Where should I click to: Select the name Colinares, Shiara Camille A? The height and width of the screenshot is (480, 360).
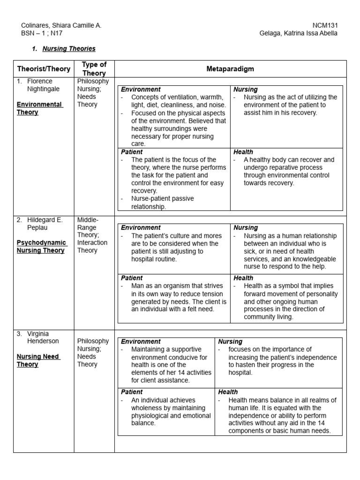pos(61,25)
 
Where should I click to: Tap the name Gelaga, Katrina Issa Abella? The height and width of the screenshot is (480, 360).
pos(299,33)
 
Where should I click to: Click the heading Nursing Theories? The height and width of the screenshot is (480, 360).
pos(69,49)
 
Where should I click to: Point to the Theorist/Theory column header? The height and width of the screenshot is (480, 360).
pos(44,69)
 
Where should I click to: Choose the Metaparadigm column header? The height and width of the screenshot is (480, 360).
pos(230,69)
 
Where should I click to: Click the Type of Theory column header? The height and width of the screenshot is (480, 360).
pos(94,69)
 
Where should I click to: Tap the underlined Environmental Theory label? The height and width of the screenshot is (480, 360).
pos(39,108)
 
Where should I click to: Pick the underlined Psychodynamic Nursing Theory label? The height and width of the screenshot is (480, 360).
pos(42,247)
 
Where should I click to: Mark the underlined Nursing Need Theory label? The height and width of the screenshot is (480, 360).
pos(38,360)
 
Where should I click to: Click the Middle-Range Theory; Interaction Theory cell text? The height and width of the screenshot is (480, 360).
pos(92,235)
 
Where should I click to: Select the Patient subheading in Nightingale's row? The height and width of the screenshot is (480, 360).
pos(132,152)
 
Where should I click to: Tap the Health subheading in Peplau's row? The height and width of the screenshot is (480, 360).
pos(243,278)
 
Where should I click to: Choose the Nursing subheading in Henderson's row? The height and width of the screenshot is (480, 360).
pos(230,342)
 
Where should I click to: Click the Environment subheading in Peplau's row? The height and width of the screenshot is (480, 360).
pos(141,228)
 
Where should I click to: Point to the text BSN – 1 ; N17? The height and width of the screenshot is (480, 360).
pos(42,33)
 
